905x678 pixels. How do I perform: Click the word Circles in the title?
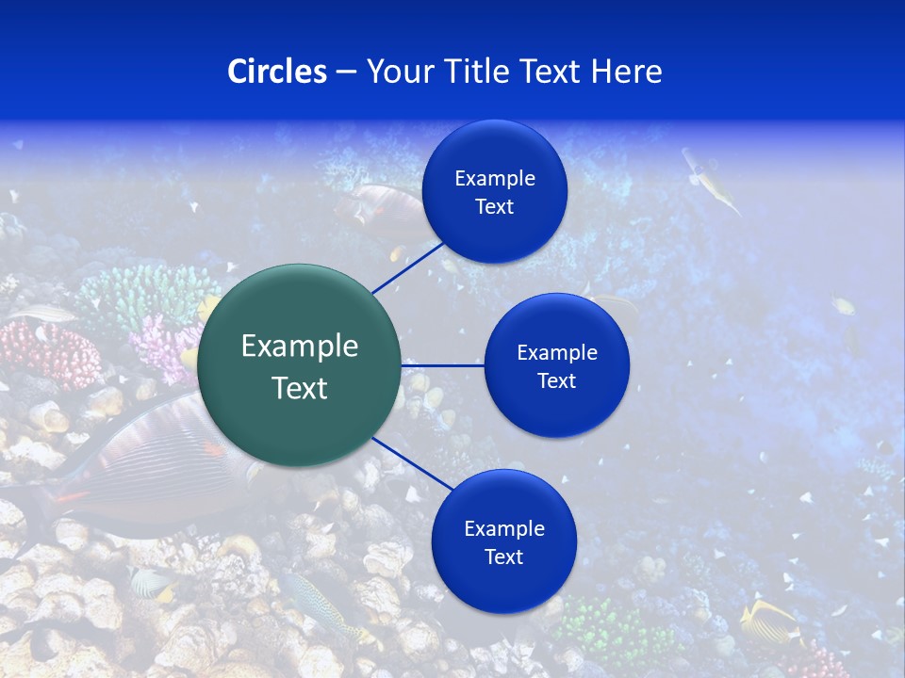276,71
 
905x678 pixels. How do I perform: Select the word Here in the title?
626,71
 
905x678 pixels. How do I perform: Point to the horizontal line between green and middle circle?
442,365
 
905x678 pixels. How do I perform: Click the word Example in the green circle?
300,347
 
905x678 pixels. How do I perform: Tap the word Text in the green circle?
300,388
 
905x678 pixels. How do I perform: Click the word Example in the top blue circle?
494,178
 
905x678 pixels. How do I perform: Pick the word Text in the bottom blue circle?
503,557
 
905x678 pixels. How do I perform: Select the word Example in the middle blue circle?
556,352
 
